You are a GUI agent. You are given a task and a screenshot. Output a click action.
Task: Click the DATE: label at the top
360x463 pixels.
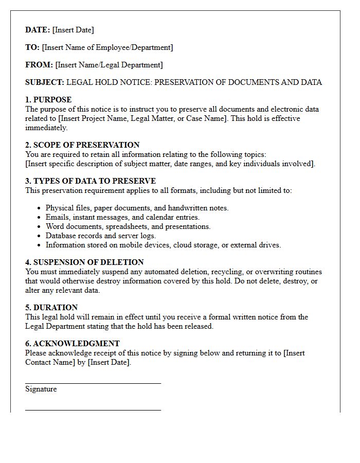coord(38,30)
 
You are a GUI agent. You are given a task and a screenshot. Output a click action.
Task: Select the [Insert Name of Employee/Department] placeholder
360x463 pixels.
coord(107,47)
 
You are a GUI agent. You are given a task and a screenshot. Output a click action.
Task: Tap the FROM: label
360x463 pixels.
coord(39,65)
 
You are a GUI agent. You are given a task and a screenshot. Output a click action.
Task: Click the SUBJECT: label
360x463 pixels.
coord(45,82)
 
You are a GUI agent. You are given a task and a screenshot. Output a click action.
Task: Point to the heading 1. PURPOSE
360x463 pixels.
coord(48,100)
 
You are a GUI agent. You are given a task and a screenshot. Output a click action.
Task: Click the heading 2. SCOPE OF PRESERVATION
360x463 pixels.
coord(82,145)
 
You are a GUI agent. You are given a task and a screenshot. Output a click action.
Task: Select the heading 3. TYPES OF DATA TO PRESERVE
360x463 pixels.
coord(91,181)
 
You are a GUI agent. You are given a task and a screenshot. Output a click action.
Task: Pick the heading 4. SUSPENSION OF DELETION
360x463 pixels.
coord(84,262)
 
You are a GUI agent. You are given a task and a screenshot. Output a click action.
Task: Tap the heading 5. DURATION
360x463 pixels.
coord(51,308)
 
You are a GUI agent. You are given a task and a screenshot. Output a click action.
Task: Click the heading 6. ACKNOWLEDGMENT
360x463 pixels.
coord(73,344)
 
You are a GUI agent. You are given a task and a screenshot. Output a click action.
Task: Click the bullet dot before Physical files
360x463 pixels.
coord(40,208)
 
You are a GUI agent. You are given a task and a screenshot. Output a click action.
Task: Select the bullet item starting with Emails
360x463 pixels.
coord(122,217)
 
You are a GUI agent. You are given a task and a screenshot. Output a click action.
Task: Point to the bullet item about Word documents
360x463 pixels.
coord(128,226)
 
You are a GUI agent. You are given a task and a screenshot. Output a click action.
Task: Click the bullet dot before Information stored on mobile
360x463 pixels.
coord(40,245)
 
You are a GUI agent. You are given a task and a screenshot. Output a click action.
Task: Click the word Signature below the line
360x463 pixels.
coord(41,389)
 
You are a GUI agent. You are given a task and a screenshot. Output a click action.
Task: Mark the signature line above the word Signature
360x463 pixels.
coord(93,383)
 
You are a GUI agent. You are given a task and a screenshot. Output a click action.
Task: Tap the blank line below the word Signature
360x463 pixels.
coord(93,410)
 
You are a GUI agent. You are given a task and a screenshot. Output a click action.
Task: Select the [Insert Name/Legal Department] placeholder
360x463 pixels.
coord(109,65)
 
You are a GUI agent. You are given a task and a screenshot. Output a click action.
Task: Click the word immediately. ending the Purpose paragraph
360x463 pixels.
coord(46,128)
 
